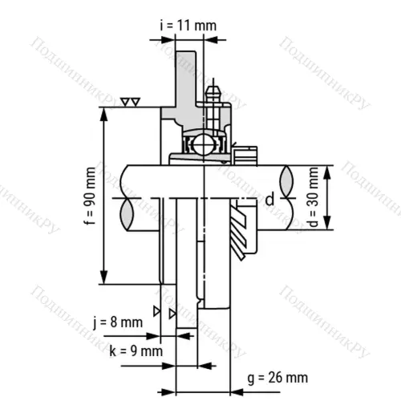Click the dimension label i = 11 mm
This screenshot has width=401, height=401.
pyautogui.click(x=188, y=25)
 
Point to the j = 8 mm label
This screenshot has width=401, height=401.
pyautogui.click(x=120, y=323)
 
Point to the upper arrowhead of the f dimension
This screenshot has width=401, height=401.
pyautogui.click(x=103, y=113)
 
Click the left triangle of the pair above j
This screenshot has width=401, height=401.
pyautogui.click(x=158, y=310)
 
